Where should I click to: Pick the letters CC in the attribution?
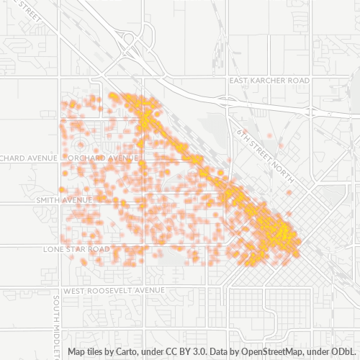pyautogui.click(x=169, y=352)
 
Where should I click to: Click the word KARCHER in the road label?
pyautogui.click(x=267, y=80)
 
